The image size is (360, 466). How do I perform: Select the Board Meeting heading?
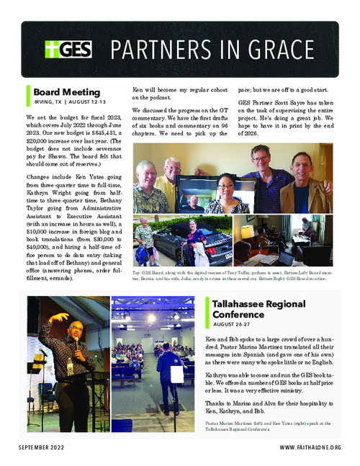coord(63,91)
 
